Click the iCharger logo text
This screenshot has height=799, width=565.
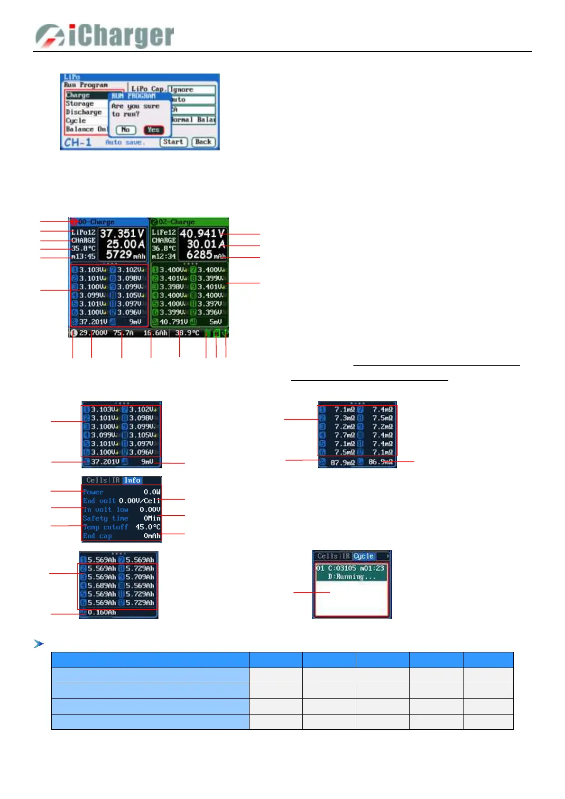(x=121, y=36)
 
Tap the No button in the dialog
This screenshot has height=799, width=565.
(x=126, y=130)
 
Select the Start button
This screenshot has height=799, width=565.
(x=173, y=142)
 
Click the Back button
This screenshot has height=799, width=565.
(x=204, y=142)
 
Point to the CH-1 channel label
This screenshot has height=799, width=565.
(x=78, y=142)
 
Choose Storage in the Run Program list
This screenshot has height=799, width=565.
(x=80, y=104)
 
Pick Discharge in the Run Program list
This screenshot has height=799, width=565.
(x=83, y=112)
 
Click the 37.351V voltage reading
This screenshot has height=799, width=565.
(x=122, y=233)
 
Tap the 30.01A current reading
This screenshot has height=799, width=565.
(x=205, y=244)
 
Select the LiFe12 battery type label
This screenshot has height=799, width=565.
(x=164, y=232)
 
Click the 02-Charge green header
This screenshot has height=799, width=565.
(x=176, y=222)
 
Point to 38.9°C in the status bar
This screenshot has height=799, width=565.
(x=187, y=333)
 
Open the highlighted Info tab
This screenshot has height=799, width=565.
(x=132, y=481)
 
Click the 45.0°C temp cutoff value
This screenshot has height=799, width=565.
(x=148, y=527)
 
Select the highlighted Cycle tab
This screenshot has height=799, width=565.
(x=363, y=557)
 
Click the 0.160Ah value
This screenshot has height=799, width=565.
(x=102, y=613)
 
